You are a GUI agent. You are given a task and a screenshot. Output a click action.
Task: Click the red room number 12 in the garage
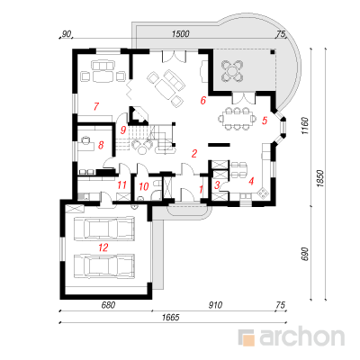click(x=103, y=247)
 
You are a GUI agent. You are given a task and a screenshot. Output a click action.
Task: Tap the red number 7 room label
click(x=96, y=106)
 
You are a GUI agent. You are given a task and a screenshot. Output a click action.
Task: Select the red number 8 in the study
click(x=101, y=145)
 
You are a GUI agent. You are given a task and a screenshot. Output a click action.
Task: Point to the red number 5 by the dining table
click(x=265, y=121)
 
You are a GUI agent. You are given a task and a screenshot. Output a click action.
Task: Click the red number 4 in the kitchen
click(x=251, y=181)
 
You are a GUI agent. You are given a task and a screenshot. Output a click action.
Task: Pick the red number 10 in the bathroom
click(x=144, y=186)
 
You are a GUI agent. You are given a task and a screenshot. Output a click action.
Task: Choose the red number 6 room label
click(x=203, y=100)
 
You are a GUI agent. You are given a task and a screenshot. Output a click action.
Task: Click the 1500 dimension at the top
click(x=181, y=33)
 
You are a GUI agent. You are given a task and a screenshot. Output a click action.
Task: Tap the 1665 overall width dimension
click(x=171, y=317)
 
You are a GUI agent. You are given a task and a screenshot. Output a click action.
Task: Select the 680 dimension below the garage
click(x=108, y=305)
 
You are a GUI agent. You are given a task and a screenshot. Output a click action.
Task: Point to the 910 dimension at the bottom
click(x=215, y=305)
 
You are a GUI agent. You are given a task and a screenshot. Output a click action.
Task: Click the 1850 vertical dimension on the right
click(x=320, y=179)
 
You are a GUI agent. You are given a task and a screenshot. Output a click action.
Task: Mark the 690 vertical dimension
click(x=304, y=254)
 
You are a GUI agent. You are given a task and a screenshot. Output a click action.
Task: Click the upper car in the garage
click(x=103, y=229)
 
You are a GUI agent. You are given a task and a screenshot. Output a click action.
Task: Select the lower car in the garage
click(x=103, y=265)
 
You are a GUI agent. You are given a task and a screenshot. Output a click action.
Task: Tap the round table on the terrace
click(x=232, y=71)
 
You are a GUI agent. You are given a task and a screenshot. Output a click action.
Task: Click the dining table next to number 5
click(x=237, y=119)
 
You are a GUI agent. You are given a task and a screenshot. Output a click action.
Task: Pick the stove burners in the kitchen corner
click(x=264, y=193)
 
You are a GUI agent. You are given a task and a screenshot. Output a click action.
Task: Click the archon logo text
click(x=301, y=337)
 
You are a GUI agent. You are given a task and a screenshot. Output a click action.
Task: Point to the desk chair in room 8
click(x=86, y=139)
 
